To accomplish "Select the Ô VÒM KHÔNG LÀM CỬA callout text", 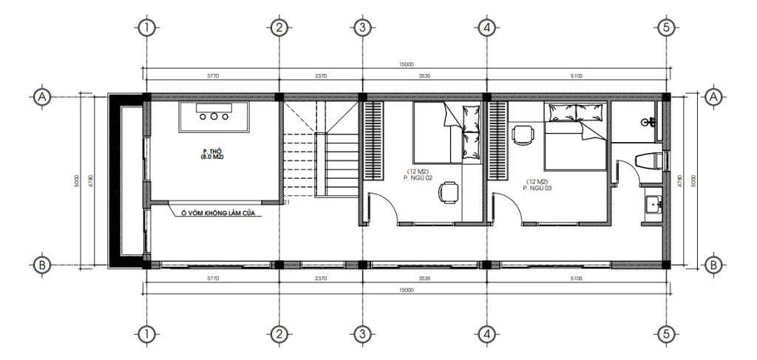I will click(219, 213).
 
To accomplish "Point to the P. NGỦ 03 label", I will click(538, 187).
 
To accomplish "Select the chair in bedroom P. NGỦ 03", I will click(522, 134).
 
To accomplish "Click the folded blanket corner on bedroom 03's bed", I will click(591, 133).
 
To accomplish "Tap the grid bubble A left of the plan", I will click(41, 96).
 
